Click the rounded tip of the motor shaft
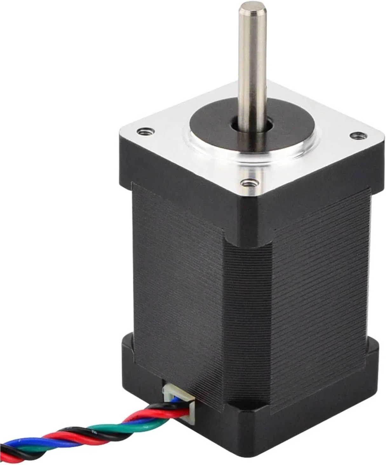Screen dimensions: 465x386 [x=248, y=5]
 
